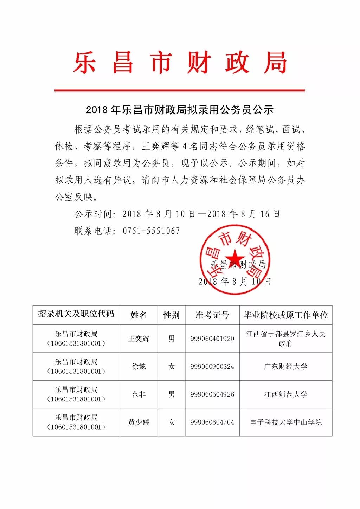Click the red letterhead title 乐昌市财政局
coord(180,63)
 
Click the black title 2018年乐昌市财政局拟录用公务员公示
coord(180,110)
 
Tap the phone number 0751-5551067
coord(151,231)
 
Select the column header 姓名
coord(139,315)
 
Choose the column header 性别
coord(171,315)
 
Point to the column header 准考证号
coord(212,315)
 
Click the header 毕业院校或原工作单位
coord(285,315)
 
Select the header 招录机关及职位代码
coord(76,314)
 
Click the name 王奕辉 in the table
coord(139,339)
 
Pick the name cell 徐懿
coord(139,366)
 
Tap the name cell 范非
coord(139,394)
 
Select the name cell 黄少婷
coord(139,422)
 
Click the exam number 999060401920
coord(212,339)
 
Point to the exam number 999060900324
coord(212,366)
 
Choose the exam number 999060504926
coord(212,394)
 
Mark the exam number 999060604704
coord(212,422)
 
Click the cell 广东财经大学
coord(285,366)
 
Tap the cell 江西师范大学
coord(285,394)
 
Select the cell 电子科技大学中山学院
coord(285,422)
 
